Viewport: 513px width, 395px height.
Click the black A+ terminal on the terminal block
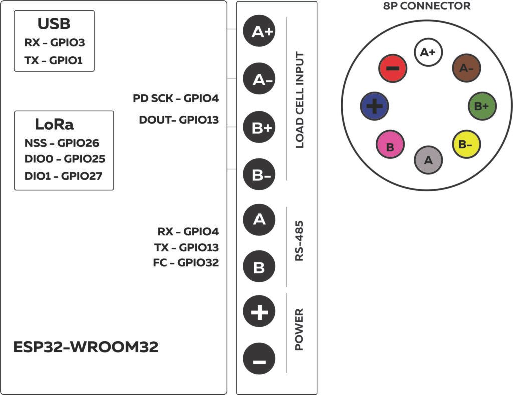(259, 32)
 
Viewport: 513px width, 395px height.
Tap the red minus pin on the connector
(393, 68)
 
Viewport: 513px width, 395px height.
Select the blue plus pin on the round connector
(374, 106)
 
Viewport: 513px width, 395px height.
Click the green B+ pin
(482, 106)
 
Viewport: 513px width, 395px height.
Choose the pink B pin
(390, 146)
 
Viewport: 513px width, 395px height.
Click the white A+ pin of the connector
(427, 52)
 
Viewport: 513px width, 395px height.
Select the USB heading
(54, 24)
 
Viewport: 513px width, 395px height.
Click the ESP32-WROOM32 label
(86, 347)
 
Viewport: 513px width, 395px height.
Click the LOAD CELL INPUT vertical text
(300, 100)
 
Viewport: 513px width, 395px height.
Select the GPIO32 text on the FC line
(198, 262)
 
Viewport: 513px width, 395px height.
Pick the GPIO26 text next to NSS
(78, 143)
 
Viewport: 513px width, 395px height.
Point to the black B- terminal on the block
(259, 175)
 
